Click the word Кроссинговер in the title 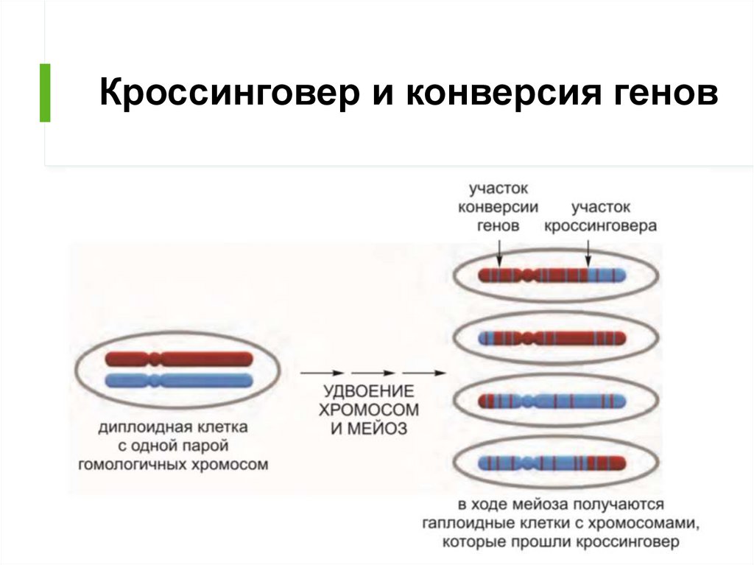tap(230, 92)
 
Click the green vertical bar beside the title tap(45, 93)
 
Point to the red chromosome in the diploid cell tap(179, 359)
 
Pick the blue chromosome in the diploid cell tap(179, 381)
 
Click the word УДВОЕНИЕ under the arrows tap(369, 390)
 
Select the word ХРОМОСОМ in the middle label tap(369, 410)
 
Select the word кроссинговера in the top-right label tap(601, 226)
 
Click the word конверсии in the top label tap(498, 208)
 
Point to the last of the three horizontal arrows tap(425, 373)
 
